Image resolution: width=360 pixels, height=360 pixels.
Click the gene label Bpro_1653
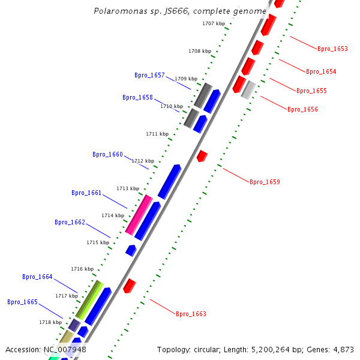pyautogui.click(x=332, y=49)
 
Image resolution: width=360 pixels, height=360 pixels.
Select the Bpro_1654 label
pyautogui.click(x=321, y=71)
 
